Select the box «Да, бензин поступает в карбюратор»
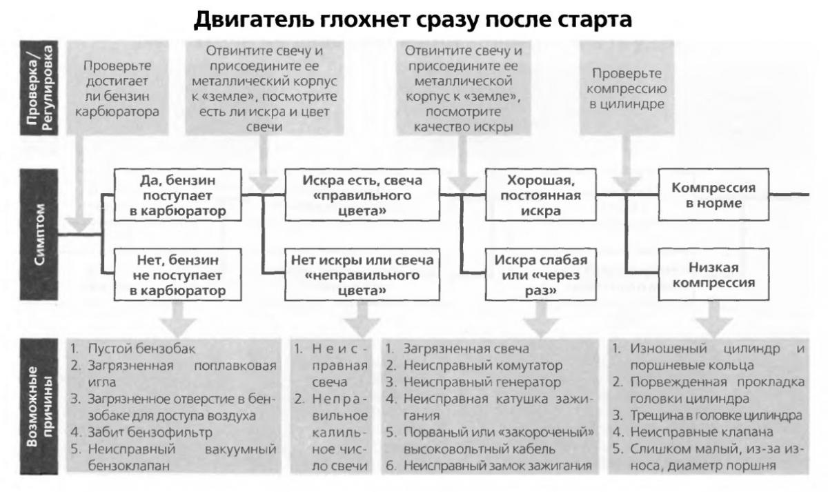[178, 195]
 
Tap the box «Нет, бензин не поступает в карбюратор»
[178, 275]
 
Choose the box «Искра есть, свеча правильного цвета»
[362, 195]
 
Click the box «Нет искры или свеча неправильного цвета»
[362, 275]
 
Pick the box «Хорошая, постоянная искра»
[541, 195]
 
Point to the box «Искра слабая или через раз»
[541, 275]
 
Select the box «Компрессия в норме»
[713, 195]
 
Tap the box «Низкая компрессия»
[713, 275]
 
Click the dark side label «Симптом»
[39, 235]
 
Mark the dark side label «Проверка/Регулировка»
[39, 88]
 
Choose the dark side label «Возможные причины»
[39, 406]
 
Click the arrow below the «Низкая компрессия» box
[713, 319]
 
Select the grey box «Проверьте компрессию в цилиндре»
[627, 88]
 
